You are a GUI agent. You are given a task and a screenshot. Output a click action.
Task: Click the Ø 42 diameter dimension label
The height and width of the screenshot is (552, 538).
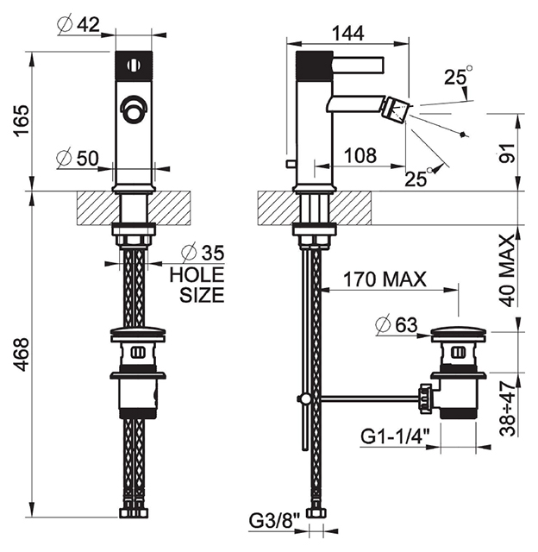click(x=78, y=25)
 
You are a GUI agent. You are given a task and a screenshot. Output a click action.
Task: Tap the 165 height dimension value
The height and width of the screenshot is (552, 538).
click(x=22, y=120)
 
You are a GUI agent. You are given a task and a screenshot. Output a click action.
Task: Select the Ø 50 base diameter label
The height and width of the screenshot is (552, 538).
click(x=78, y=158)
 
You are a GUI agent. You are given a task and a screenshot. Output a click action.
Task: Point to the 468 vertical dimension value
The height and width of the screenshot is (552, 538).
click(x=22, y=354)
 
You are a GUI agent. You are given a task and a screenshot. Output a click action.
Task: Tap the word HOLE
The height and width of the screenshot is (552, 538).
click(x=197, y=275)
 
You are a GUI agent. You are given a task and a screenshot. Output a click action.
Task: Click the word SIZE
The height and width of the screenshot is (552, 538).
click(x=202, y=295)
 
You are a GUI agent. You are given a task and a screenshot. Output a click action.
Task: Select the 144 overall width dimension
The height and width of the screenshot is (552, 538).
click(x=348, y=34)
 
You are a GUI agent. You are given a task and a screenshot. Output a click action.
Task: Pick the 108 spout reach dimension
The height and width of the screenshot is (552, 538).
click(x=360, y=155)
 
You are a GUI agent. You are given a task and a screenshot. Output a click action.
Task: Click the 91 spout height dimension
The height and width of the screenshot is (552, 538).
click(x=507, y=153)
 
